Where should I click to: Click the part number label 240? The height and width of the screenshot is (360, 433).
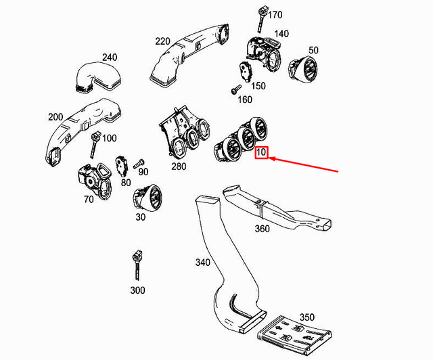pyautogui.click(x=110, y=58)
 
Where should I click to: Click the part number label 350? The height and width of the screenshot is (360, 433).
pyautogui.click(x=306, y=317)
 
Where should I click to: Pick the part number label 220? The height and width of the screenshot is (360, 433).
pyautogui.click(x=162, y=41)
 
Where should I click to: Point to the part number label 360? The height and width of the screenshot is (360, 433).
pyautogui.click(x=261, y=229)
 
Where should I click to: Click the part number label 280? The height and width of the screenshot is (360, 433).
pyautogui.click(x=178, y=166)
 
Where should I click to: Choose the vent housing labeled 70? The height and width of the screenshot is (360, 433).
pyautogui.click(x=93, y=180)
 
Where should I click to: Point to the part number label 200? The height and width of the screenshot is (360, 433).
pyautogui.click(x=55, y=117)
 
